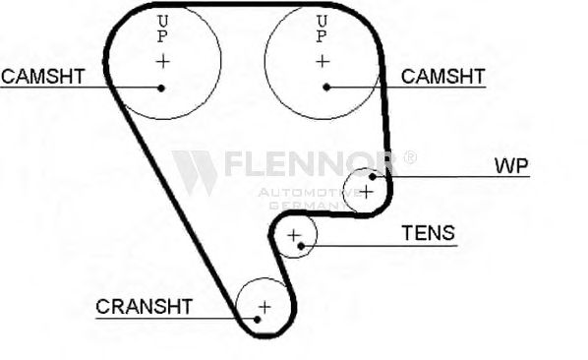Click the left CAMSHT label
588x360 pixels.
[x=42, y=76]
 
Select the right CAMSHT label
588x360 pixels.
[x=443, y=76]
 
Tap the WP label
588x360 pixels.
[x=511, y=165]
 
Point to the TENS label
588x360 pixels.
[x=428, y=233]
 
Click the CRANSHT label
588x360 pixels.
[x=144, y=306]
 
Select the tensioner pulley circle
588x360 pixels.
[x=295, y=236]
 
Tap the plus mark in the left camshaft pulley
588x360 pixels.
[x=162, y=61]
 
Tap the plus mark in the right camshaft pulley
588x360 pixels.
[x=323, y=61]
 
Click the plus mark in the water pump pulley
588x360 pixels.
[x=366, y=191]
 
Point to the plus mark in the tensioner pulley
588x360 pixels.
[x=292, y=235]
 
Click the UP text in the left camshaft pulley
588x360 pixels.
[x=162, y=29]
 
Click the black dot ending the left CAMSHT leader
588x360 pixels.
[x=161, y=87]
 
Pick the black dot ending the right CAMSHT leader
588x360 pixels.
[x=326, y=87]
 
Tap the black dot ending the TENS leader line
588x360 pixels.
[x=301, y=246]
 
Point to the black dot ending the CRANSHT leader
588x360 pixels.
[x=255, y=318]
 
